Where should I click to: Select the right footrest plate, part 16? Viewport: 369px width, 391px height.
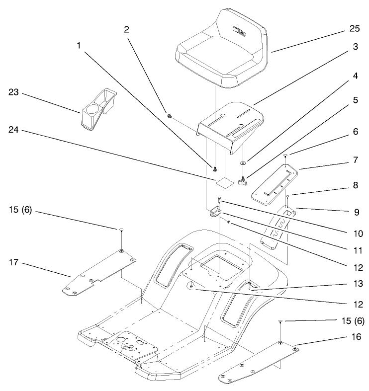point(259,362)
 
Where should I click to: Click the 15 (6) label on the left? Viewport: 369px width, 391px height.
point(20,210)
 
